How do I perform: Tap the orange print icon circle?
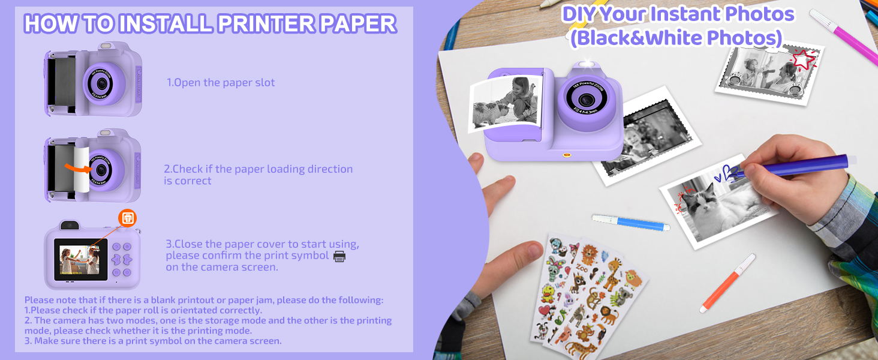(127, 218)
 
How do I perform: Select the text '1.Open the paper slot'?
(221, 83)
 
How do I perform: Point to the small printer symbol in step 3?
(339, 256)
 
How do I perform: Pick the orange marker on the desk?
(728, 282)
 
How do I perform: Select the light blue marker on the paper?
(630, 223)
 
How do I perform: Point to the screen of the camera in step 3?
(80, 259)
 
